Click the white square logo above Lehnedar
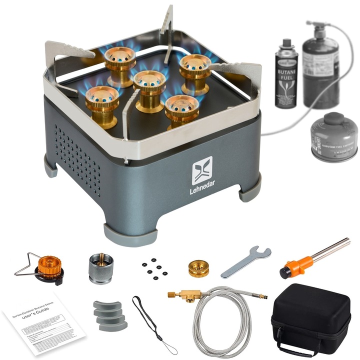202,170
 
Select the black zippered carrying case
311,317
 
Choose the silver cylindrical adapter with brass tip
100,267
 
